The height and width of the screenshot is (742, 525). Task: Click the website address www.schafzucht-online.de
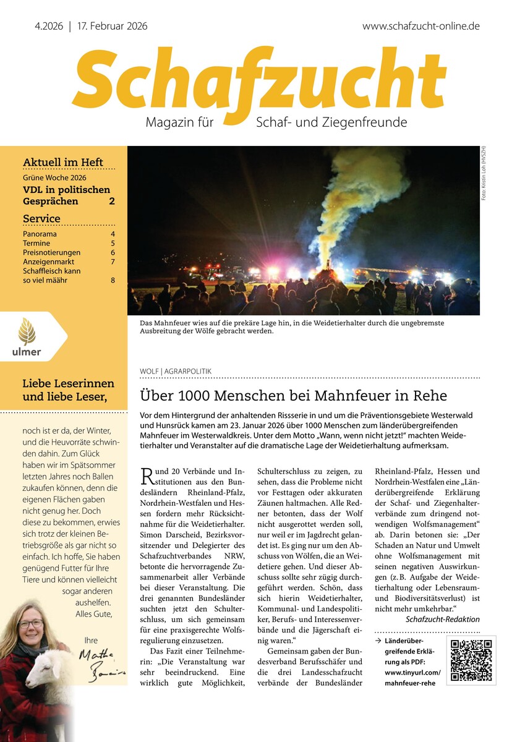pos(420,27)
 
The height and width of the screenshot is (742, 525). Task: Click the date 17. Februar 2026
pos(113,27)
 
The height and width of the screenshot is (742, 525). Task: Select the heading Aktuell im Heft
pos(63,163)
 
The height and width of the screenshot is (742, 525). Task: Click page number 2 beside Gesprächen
pos(112,201)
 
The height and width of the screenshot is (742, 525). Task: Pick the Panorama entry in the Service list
pos(40,234)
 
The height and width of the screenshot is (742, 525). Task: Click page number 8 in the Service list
pos(113,281)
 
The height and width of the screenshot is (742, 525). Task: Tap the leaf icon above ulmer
pos(27,331)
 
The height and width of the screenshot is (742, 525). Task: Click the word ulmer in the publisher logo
pos(27,352)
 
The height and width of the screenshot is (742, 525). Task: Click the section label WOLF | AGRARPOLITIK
pos(176,372)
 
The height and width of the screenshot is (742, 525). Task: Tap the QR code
pos(471,660)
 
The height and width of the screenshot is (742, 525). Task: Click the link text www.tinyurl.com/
pos(412,672)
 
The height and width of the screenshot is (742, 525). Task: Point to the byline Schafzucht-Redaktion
pos(442,619)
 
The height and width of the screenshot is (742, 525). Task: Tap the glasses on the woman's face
pos(30,624)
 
